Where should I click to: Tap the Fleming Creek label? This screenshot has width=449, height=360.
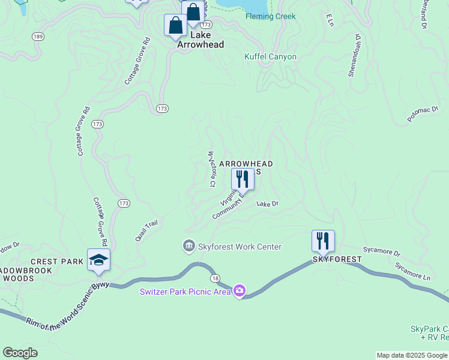point(270,16)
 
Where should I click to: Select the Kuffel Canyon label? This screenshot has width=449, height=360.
point(270,56)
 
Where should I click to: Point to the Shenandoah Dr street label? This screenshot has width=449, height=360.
point(354,55)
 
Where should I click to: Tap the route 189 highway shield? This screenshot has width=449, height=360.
point(38,37)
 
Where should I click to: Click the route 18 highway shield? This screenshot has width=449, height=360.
point(214,278)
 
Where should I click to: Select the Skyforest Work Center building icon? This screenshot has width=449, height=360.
point(188,246)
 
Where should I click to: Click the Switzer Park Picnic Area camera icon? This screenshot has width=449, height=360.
point(240,291)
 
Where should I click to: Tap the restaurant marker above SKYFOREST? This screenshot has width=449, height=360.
point(323,241)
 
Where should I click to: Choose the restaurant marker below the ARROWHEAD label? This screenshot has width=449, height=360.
point(243,179)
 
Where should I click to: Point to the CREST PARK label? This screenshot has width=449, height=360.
point(57,262)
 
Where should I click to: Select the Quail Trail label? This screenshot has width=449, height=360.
point(146,230)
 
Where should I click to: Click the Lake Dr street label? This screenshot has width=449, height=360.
point(268,204)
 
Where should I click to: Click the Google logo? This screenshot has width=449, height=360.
point(20,353)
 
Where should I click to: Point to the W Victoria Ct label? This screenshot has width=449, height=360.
point(211,169)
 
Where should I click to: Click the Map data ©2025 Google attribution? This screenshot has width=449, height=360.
point(412,355)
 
